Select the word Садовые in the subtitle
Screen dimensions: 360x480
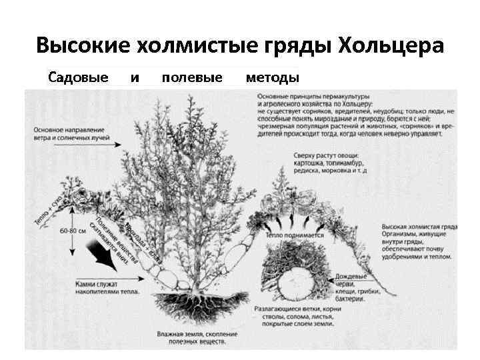pos(78,78)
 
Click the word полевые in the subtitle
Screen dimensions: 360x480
pos(192,78)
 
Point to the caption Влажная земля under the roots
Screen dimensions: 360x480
pos(191,337)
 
